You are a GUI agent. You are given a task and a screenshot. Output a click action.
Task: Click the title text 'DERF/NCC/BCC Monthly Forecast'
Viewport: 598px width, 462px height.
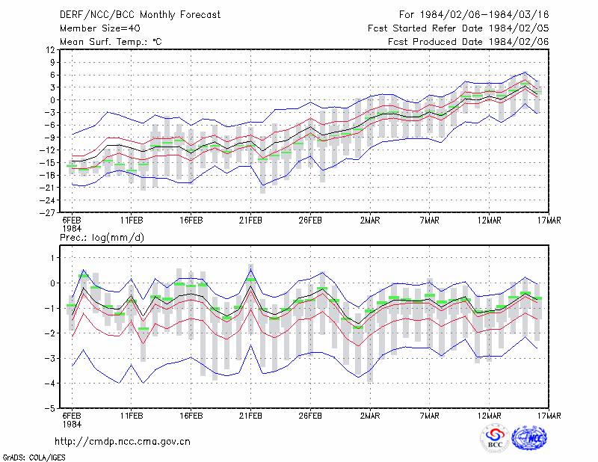tap(140, 15)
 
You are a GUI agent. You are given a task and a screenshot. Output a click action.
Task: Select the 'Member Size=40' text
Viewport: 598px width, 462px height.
tap(100, 28)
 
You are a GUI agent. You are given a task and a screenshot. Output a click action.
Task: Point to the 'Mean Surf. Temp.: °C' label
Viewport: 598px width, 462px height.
tap(111, 42)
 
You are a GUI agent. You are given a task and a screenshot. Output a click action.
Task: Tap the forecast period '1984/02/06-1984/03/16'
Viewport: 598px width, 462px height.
tap(484, 15)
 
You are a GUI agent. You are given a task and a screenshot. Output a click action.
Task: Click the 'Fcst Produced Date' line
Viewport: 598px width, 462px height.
tap(469, 42)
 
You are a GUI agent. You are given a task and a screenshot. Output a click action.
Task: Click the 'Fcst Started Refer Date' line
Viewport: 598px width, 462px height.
tap(458, 28)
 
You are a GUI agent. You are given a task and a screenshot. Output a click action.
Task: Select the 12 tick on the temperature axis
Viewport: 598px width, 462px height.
tap(51, 50)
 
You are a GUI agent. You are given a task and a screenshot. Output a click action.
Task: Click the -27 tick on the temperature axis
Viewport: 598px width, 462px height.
tap(48, 212)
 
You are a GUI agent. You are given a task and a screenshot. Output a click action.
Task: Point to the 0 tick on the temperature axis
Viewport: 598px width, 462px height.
tap(52, 100)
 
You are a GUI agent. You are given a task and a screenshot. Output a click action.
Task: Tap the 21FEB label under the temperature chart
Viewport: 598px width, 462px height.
tap(250, 221)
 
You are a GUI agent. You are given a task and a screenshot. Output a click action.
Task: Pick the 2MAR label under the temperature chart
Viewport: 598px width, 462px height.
tap(370, 221)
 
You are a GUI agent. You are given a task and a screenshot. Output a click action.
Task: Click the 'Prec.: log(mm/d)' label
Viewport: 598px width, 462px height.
tap(102, 238)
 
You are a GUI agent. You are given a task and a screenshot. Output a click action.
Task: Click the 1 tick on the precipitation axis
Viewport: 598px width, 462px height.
tap(53, 258)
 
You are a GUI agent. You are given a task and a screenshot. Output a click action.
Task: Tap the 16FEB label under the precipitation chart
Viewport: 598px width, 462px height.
tap(191, 416)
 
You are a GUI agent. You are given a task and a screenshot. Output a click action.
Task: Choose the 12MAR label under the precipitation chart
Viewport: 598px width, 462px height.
tap(490, 416)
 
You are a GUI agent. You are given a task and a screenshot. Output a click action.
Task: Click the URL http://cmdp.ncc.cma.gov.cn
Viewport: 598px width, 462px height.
tap(123, 442)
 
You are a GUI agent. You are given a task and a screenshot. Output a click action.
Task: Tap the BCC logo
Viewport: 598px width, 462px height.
tap(495, 439)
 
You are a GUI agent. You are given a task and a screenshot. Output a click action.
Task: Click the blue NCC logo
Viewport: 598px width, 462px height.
tap(530, 437)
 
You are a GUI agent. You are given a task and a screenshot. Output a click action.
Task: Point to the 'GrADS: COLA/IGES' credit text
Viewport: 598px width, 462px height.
tap(34, 458)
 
